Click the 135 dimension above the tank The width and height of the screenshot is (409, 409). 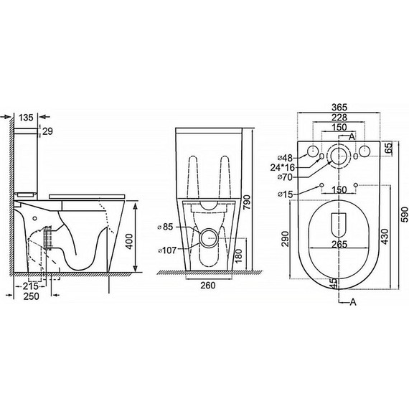(26, 118)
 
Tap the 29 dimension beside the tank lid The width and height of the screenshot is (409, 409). (47, 131)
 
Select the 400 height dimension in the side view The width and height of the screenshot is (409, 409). (130, 241)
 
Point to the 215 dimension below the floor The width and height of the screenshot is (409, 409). (31, 286)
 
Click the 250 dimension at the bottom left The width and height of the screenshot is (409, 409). (32, 296)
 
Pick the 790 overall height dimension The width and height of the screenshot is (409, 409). (247, 202)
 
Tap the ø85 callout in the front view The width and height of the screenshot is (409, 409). (165, 227)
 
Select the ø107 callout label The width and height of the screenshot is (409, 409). (167, 250)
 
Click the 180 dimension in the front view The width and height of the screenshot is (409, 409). (238, 255)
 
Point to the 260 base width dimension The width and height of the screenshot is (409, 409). (208, 286)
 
